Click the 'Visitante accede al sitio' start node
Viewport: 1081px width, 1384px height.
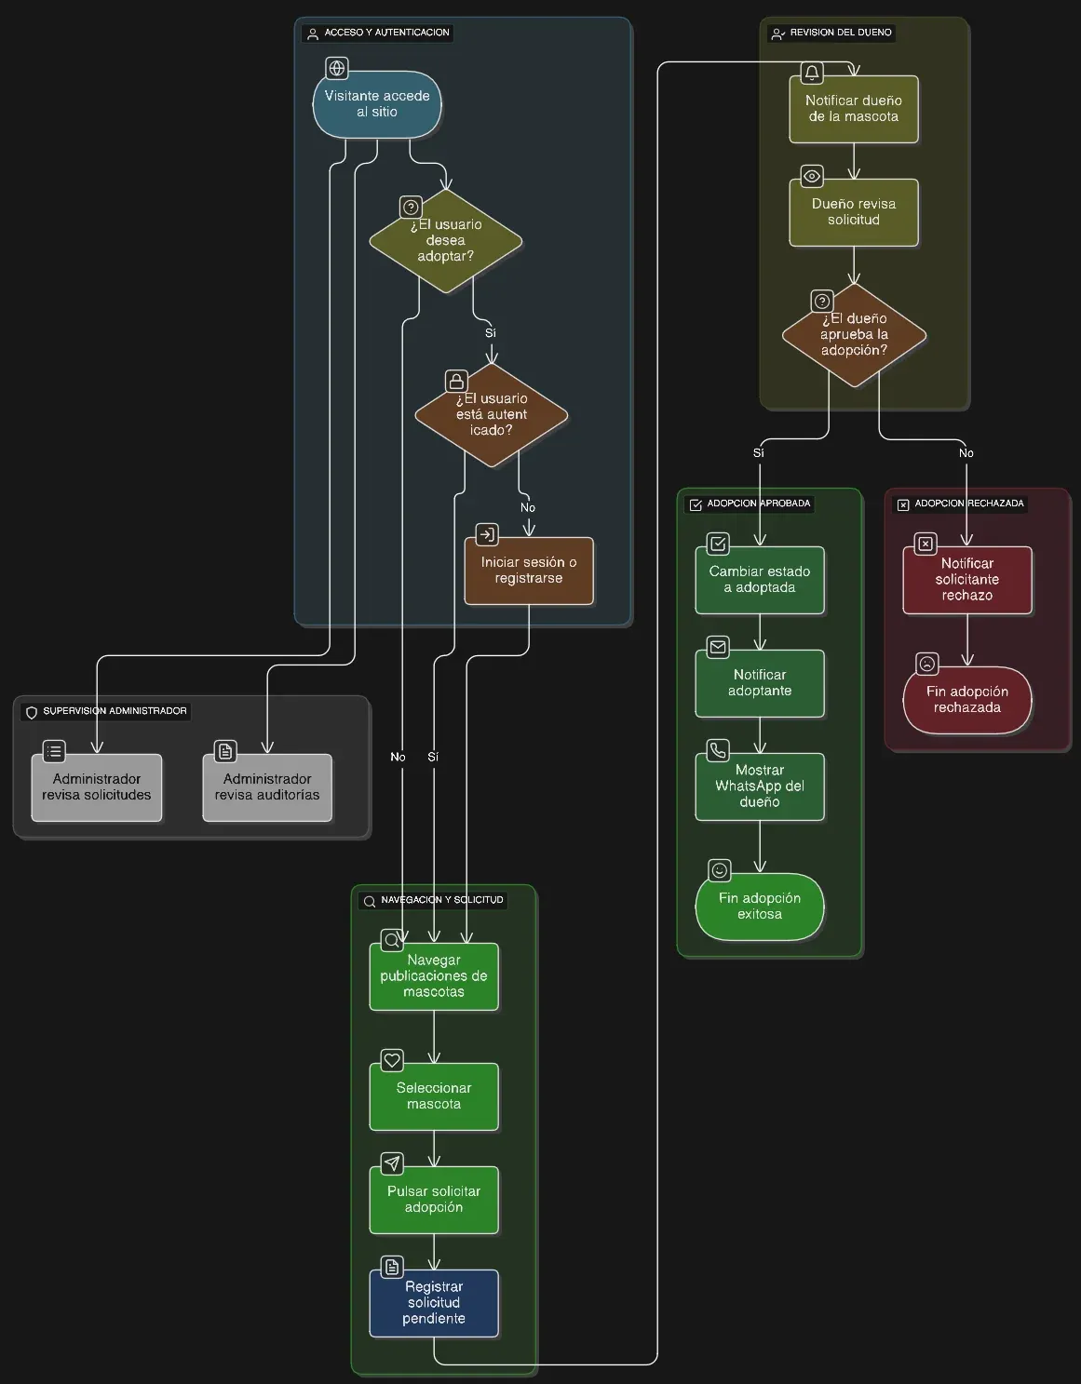tap(377, 104)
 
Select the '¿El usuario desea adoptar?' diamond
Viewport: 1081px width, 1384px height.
tap(446, 240)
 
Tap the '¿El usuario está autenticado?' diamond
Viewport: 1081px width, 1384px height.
tap(492, 414)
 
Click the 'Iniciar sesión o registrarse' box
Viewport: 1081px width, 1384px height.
tap(529, 571)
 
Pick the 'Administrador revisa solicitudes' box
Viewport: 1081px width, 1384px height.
tap(97, 787)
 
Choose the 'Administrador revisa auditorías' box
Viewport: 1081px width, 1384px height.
tap(267, 787)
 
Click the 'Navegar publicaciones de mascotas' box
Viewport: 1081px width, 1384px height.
tap(434, 976)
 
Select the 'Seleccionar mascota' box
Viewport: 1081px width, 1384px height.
tap(434, 1096)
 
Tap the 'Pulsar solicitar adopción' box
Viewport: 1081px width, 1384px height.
tap(434, 1200)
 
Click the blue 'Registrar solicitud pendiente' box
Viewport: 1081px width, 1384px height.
tap(434, 1303)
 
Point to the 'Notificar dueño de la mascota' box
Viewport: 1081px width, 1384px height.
tap(854, 109)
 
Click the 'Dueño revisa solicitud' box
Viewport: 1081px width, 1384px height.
tap(854, 212)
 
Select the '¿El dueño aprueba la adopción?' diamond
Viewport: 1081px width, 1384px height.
tap(854, 335)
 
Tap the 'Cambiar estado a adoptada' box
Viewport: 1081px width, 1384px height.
tap(760, 580)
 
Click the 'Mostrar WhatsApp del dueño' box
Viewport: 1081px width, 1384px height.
tap(760, 786)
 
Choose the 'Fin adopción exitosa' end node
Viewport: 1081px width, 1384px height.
tap(760, 907)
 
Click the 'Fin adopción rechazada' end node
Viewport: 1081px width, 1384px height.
tap(967, 700)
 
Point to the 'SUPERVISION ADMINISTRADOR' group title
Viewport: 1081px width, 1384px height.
tap(115, 711)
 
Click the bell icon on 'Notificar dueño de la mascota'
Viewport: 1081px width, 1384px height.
tap(812, 73)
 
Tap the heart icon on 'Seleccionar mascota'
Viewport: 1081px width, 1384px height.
tap(392, 1060)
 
